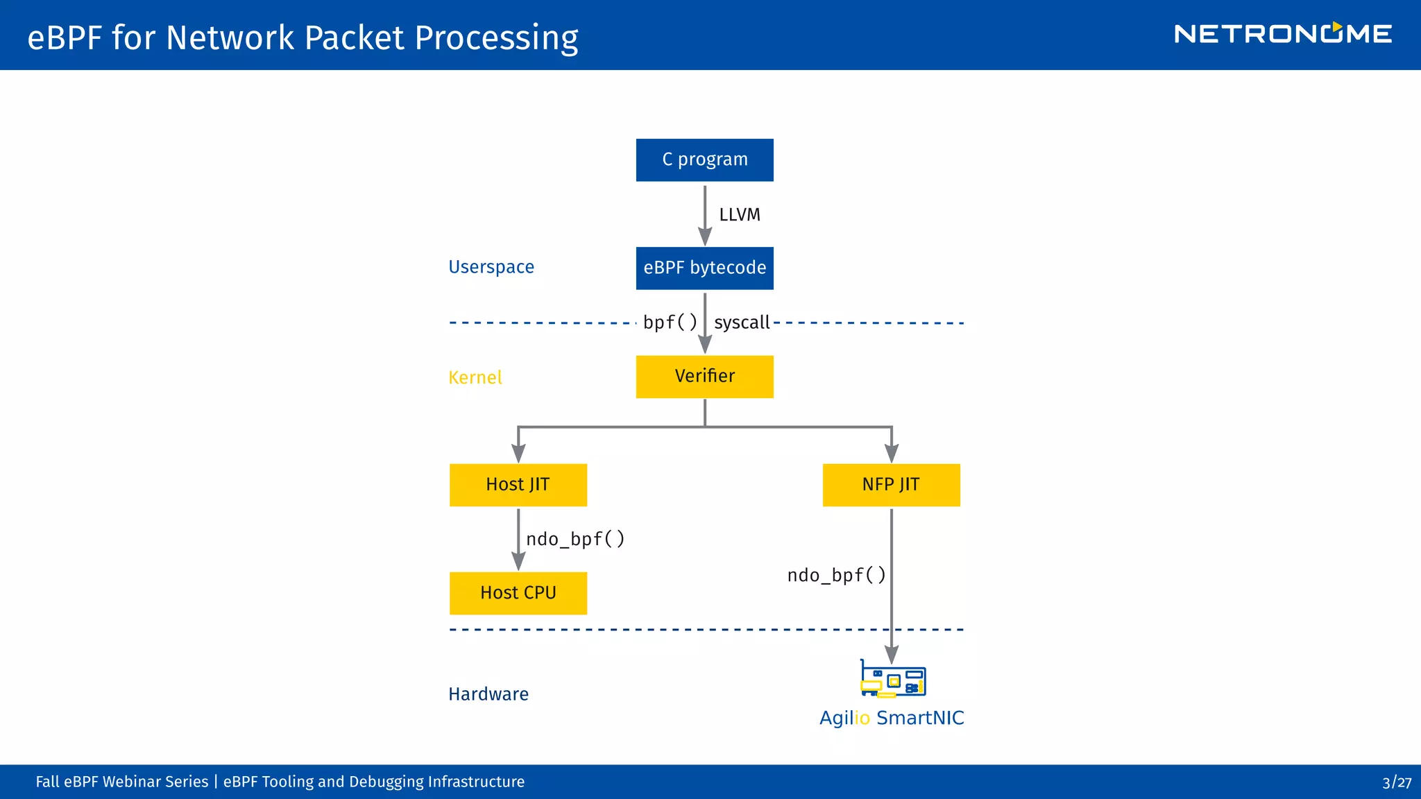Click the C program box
tap(704, 160)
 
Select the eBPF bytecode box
tap(704, 268)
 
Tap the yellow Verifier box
tap(704, 377)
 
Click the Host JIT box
tap(518, 485)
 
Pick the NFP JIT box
tap(891, 485)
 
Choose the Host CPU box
tap(518, 593)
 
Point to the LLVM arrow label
tap(740, 215)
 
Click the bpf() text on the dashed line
tap(670, 323)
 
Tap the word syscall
tap(742, 323)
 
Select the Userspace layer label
tap(491, 267)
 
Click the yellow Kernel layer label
tap(475, 377)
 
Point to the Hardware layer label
tap(488, 694)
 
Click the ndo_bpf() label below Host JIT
tap(575, 539)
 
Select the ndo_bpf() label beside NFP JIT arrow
tap(836, 575)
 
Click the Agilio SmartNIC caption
tap(892, 718)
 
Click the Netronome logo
tap(1282, 34)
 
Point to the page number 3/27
tap(1396, 782)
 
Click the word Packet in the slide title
tap(354, 37)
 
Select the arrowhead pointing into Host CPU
tap(518, 562)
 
